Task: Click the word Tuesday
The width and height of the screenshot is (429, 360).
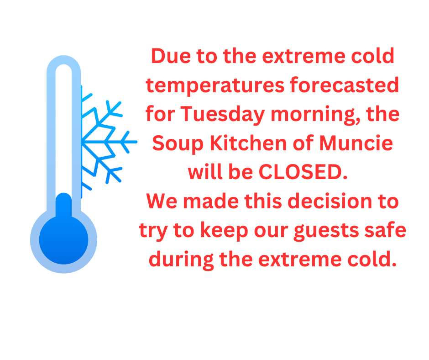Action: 222,114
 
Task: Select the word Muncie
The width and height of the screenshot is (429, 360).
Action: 356,143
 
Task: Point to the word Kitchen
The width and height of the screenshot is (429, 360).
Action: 248,143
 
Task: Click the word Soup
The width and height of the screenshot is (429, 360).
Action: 178,144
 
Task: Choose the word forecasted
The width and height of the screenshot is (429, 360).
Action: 345,85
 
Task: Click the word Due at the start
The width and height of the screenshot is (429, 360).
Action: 171,56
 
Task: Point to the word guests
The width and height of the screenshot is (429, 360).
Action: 326,231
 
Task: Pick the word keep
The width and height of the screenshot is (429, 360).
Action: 224,231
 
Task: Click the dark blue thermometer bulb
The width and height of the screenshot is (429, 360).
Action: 64,239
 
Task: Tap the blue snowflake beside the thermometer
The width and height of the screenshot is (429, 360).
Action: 109,142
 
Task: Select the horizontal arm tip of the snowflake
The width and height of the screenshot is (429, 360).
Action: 136,142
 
